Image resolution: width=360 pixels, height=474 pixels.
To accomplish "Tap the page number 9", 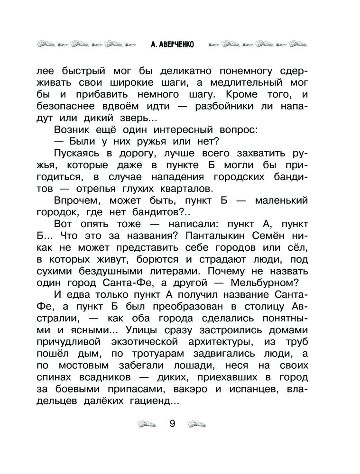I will tap(172, 423).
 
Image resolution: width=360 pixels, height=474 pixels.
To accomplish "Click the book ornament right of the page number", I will tap(197, 423).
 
